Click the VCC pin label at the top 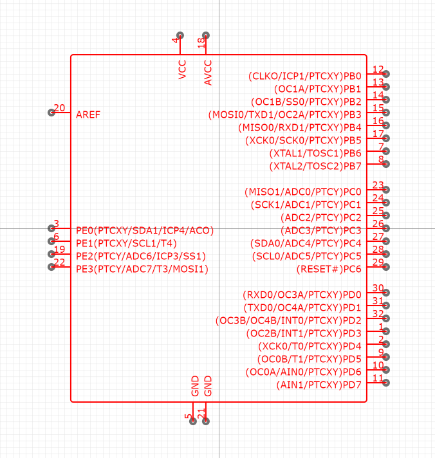click(183, 69)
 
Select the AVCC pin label click(208, 72)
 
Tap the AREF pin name click(88, 114)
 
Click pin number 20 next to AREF click(59, 108)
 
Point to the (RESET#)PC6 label click(329, 269)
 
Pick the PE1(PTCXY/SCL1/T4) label click(126, 243)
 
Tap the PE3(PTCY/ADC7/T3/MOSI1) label click(142, 269)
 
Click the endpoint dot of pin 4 click(180, 35)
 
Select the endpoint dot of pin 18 click(206, 35)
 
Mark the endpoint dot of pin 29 click(386, 267)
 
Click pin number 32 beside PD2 click(378, 314)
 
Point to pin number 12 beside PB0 click(378, 69)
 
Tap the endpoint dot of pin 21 click(206, 421)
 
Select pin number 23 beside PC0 click(378, 185)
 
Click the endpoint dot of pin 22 click(51, 267)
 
